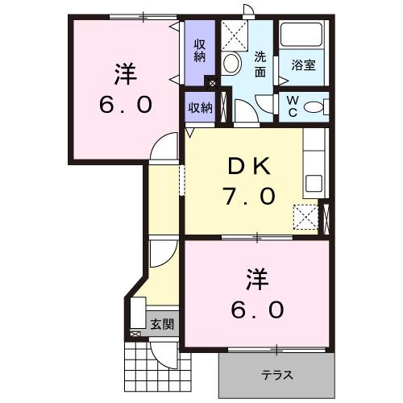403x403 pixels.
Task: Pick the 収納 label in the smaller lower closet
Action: click(x=200, y=107)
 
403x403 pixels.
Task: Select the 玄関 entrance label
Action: click(x=161, y=325)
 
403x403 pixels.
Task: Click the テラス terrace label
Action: click(x=276, y=375)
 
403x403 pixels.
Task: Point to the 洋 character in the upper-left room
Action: click(x=123, y=74)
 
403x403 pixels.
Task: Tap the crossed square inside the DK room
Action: click(x=305, y=216)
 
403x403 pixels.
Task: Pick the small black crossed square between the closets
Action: click(x=212, y=82)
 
